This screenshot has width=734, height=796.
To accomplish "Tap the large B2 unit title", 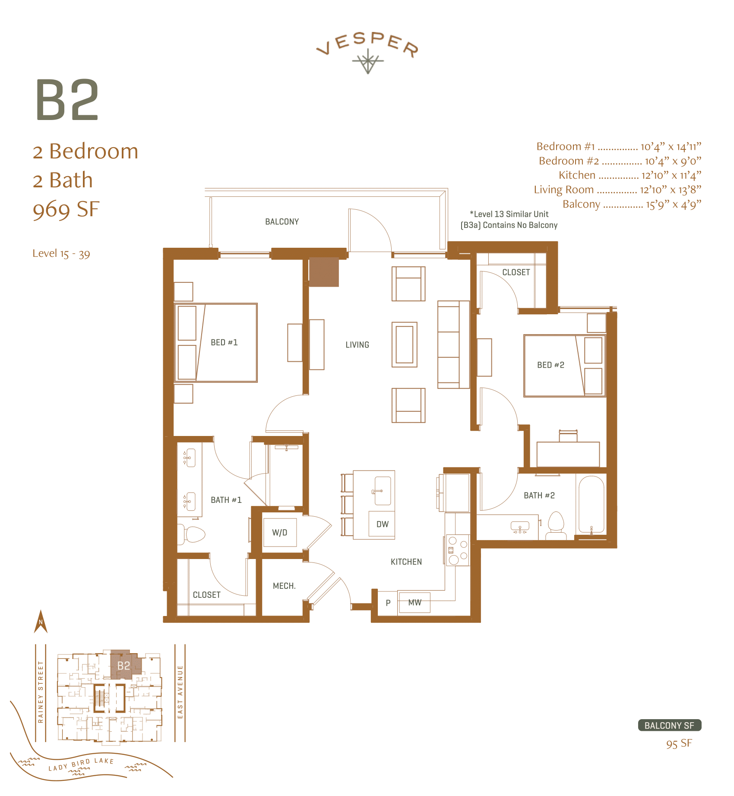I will pos(67,100).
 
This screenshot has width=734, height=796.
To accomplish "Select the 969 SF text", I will pos(66,209).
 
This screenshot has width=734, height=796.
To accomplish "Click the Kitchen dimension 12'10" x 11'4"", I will pos(671,175).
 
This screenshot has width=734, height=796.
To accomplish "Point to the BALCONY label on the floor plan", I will pos(282,221).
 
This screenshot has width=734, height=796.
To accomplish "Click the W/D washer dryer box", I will pos(279,532).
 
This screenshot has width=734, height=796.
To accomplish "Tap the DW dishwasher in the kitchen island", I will pos(382,524).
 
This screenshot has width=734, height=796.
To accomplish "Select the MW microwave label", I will pos(414,602).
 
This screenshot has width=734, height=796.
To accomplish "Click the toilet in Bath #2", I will pos(556,525).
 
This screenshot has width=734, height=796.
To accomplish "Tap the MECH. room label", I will pos(284,586).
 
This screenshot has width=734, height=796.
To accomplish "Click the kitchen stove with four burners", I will pos(457,550).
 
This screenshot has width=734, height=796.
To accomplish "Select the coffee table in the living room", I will pos(404,344).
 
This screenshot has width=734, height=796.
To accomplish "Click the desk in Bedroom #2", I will pos(568,453).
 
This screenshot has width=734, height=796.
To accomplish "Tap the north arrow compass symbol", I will pos(41,622).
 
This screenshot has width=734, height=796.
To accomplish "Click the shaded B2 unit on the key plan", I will pos(123,665).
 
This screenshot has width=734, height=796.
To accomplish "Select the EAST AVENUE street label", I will pos(180,692).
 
